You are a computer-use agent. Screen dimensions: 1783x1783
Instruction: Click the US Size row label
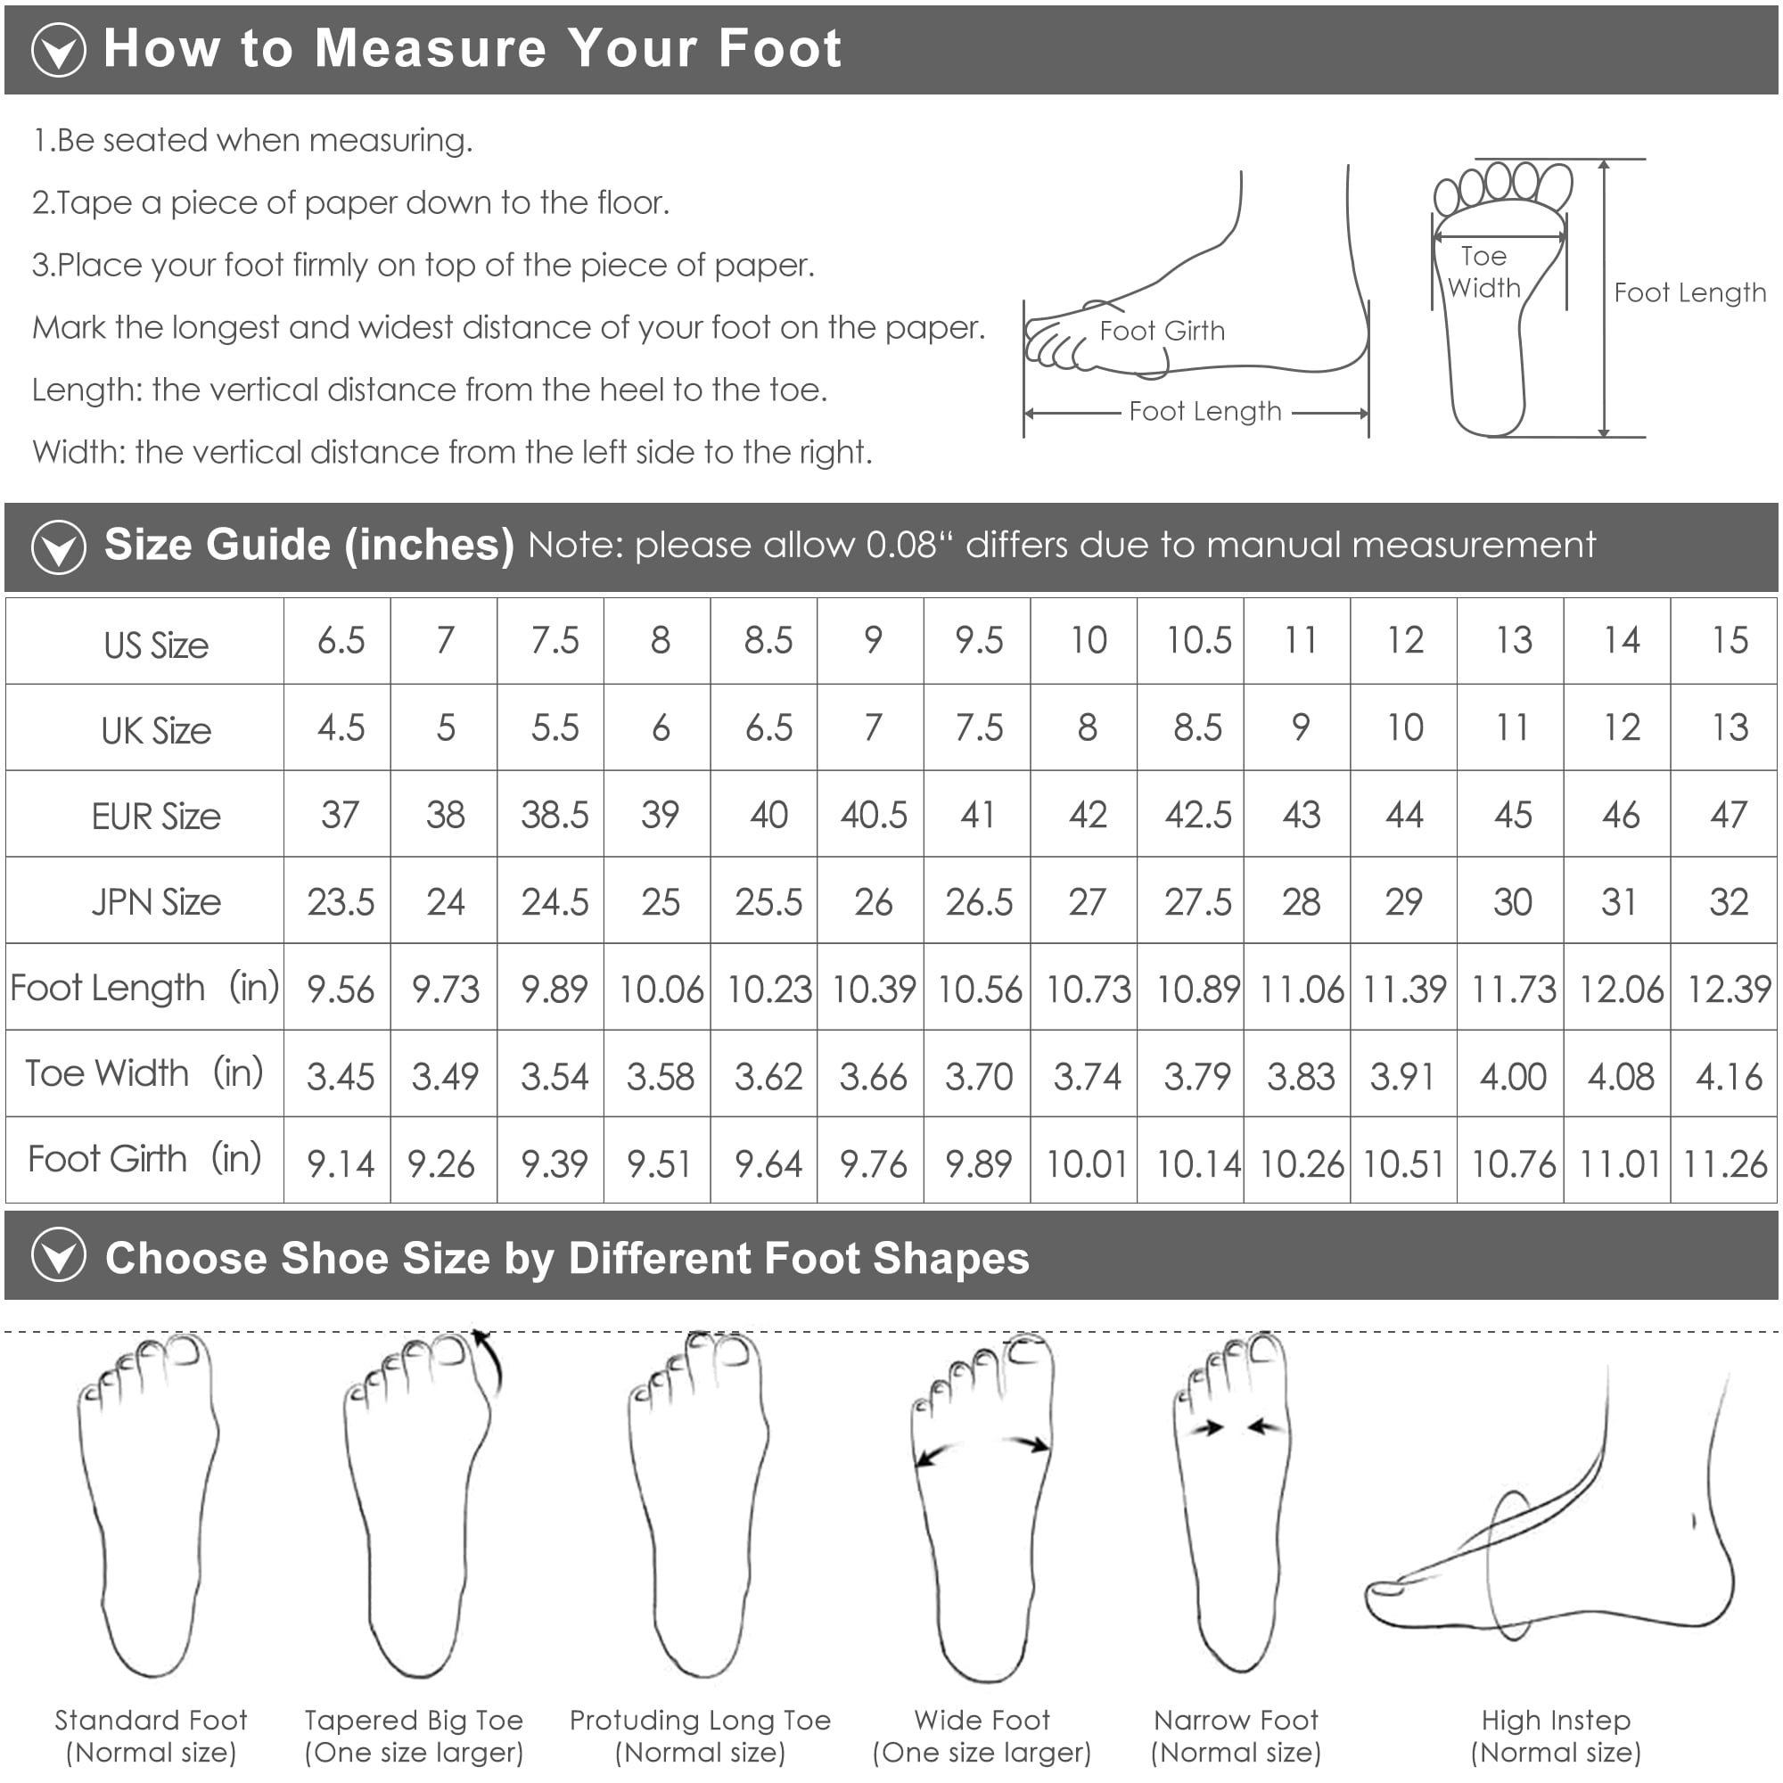(156, 645)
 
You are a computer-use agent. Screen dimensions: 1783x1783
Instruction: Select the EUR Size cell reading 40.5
(873, 815)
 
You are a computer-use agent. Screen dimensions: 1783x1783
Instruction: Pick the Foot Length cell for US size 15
(1729, 990)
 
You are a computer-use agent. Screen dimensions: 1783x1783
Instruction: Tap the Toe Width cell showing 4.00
(1513, 1076)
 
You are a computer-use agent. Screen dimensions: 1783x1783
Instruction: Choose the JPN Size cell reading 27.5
(1197, 901)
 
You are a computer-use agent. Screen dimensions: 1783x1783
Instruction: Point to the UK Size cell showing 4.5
(341, 728)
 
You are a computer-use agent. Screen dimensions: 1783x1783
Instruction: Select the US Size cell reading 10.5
(1198, 640)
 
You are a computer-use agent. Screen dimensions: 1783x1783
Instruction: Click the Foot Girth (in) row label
(144, 1159)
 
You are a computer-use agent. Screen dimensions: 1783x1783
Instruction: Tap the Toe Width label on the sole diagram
(1484, 272)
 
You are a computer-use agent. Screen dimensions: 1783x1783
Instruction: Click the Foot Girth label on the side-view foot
(1162, 331)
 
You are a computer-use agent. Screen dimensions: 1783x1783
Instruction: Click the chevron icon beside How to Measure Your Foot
(58, 50)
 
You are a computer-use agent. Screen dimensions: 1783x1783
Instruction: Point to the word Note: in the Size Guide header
(577, 546)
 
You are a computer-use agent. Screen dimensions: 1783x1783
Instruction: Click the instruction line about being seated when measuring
(253, 140)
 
